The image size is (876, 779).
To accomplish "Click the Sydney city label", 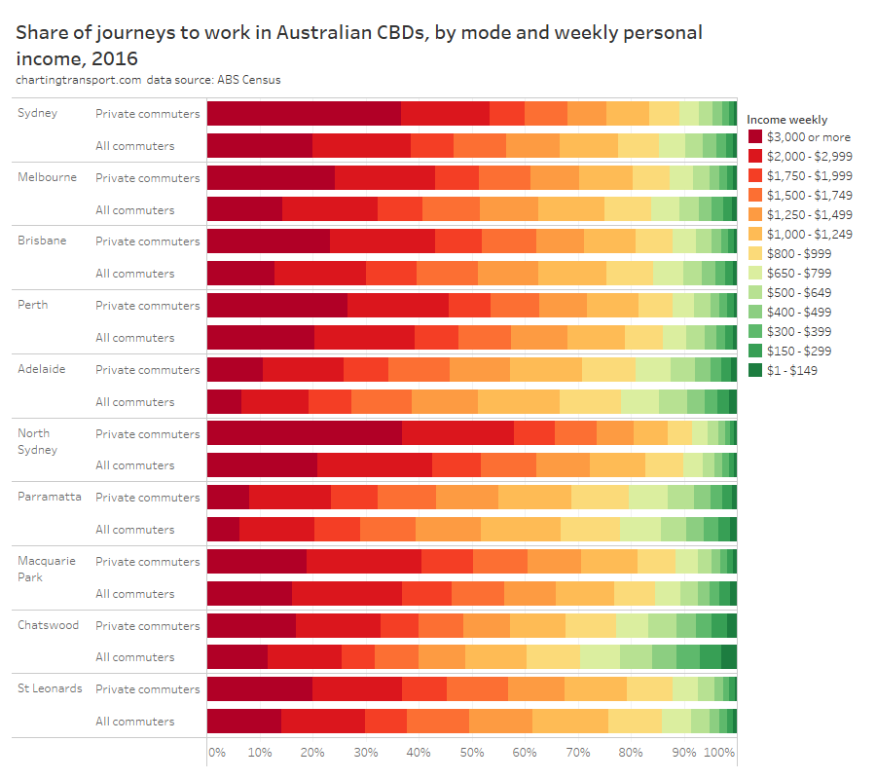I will tap(37, 113).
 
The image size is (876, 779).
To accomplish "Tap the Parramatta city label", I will tap(49, 497).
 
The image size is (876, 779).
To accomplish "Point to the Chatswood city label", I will tap(48, 625).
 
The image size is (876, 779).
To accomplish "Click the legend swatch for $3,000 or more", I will tap(754, 137).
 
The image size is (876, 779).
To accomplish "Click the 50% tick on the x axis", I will tap(471, 753).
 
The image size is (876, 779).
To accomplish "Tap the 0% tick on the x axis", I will tap(216, 753).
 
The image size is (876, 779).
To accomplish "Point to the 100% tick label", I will tap(719, 753).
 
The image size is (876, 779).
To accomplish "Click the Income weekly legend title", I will tap(786, 120).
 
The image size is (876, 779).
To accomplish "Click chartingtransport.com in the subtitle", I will tap(79, 80).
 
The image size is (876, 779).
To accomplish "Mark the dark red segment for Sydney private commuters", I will tap(304, 113).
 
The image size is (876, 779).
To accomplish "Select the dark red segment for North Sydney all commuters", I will tap(262, 465).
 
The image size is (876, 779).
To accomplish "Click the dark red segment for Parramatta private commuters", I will tap(228, 497).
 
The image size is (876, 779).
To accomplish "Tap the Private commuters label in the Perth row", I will tap(147, 306).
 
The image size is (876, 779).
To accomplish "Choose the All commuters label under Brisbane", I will tap(134, 274).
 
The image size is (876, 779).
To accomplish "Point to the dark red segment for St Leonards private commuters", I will tap(259, 688).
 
